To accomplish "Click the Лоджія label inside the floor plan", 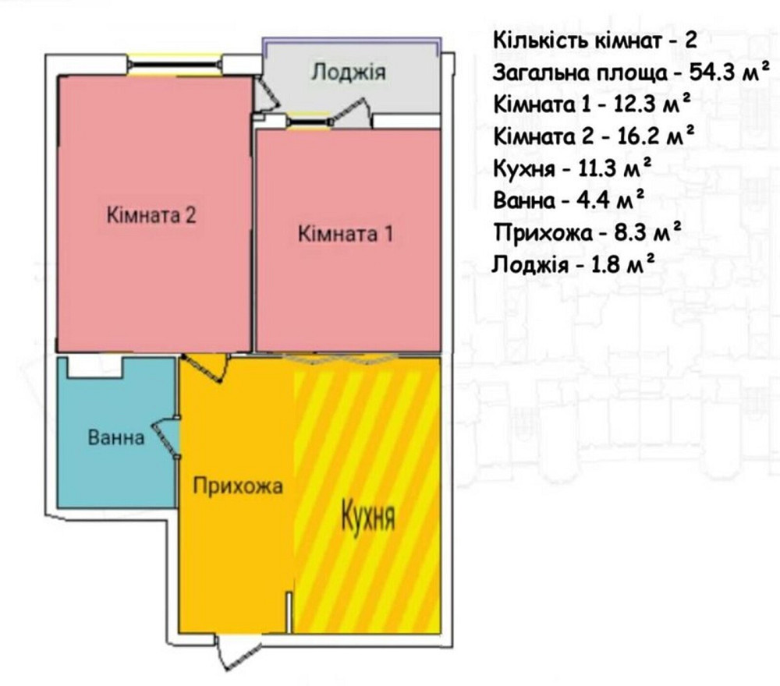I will (348, 73).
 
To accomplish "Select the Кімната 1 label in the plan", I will (346, 233).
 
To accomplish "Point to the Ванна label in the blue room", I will (116, 438).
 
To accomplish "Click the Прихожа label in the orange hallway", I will (237, 486).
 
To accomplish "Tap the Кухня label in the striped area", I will (368, 517).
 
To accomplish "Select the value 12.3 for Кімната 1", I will (636, 104).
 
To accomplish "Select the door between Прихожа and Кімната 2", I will (206, 366).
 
